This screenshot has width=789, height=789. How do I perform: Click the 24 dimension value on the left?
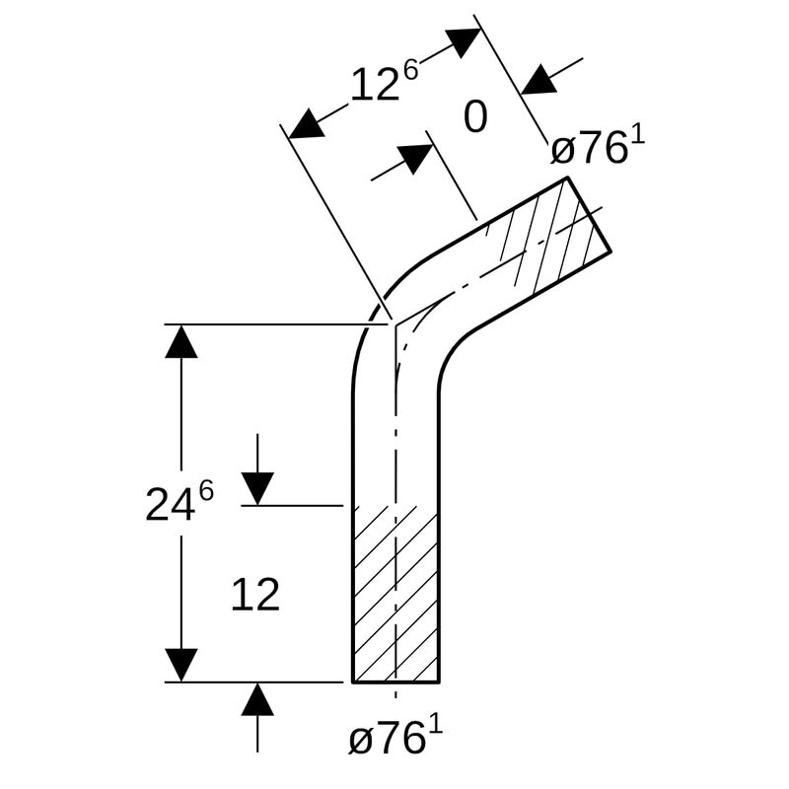[170, 505]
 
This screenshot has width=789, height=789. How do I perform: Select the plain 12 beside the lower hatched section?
[255, 595]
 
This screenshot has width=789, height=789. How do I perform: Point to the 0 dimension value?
[475, 118]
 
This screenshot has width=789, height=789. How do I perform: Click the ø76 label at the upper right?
[588, 150]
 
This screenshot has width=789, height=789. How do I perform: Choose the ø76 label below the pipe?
[387, 739]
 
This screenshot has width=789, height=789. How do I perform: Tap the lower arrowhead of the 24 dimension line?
[181, 664]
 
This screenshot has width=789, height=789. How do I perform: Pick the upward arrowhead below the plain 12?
[257, 699]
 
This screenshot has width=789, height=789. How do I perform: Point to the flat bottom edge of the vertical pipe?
[395, 681]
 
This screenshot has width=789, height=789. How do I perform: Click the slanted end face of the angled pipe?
[589, 214]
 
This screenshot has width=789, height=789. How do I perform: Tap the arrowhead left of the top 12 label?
[308, 122]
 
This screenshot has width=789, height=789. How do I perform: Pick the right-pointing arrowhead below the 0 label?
[415, 158]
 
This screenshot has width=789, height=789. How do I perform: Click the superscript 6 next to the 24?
[205, 490]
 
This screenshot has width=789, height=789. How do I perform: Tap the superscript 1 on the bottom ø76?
[436, 725]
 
